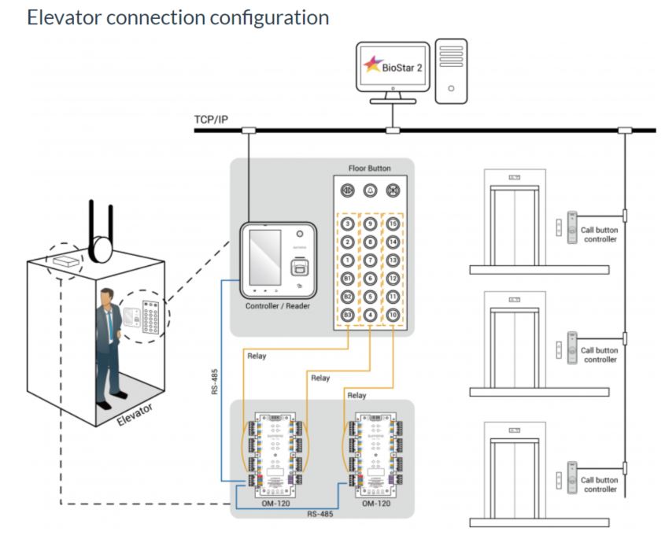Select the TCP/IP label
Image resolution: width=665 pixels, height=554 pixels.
tap(210, 120)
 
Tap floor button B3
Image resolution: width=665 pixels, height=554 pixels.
tap(347, 316)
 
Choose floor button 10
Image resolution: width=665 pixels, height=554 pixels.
tap(393, 316)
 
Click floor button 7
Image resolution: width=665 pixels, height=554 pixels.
tap(370, 260)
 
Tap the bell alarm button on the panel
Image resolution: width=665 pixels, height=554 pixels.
tap(370, 191)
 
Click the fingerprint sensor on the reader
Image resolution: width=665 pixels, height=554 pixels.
tap(299, 268)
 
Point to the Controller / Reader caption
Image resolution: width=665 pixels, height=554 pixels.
tap(278, 305)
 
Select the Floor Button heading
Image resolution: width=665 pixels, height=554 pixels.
tap(369, 168)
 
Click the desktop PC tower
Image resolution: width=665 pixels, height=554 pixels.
tap(451, 70)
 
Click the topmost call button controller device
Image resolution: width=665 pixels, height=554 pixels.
tap(573, 227)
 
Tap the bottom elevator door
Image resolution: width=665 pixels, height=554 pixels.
tap(515, 477)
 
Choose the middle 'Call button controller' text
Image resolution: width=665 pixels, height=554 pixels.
tap(600, 355)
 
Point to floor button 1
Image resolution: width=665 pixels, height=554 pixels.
tap(347, 260)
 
